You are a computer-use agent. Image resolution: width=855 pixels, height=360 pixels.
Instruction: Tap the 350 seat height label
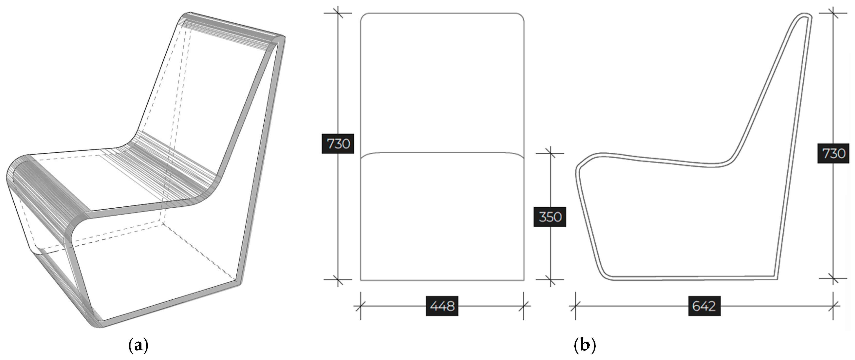[x=550, y=217]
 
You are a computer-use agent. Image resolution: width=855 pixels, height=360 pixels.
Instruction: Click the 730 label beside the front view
[x=338, y=144]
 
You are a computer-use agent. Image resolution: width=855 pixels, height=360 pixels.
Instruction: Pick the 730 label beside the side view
[x=833, y=153]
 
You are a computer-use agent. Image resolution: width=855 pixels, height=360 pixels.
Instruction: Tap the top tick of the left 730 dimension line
[x=338, y=13]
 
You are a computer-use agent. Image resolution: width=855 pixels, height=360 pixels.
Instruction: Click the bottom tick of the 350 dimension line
[x=550, y=280]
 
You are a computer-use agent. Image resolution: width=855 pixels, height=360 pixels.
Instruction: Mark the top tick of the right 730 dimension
[x=833, y=13]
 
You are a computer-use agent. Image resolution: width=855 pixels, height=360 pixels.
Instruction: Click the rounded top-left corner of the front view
[x=363, y=16]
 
